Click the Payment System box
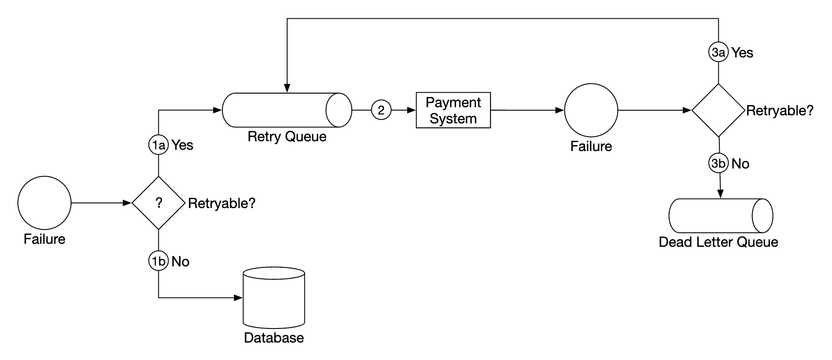tap(453, 110)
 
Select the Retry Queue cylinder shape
tap(287, 110)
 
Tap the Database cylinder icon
tap(274, 298)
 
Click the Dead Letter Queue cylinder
tap(720, 216)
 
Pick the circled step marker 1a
tap(159, 145)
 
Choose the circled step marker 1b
tap(159, 261)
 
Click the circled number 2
tap(381, 110)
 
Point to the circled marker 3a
tap(718, 52)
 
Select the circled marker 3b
tap(718, 163)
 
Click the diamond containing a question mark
tap(159, 203)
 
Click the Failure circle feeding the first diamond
tap(44, 203)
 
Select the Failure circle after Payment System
tap(591, 110)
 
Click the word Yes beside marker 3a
tap(742, 53)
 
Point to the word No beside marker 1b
tap(180, 262)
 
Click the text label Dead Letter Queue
tap(718, 242)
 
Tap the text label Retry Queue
tap(287, 137)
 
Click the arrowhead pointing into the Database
tap(239, 298)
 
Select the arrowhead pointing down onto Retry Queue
tap(287, 88)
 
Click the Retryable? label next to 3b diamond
tap(779, 111)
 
